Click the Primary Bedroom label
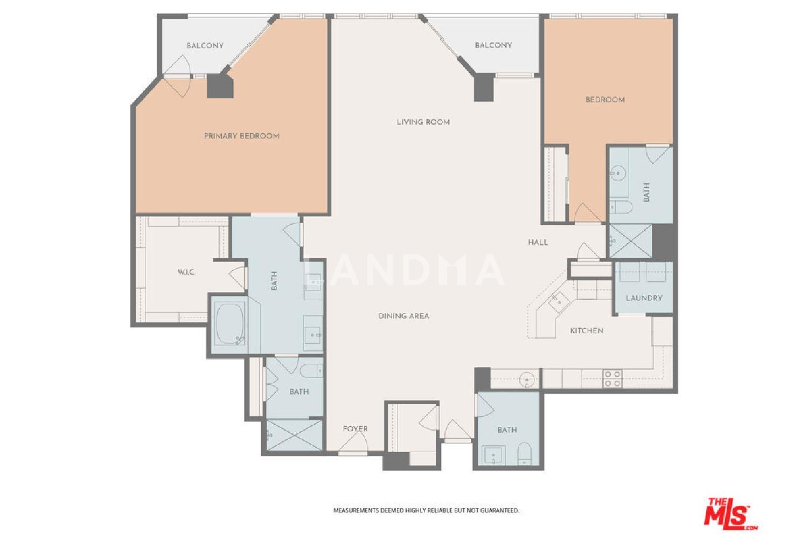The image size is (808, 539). [x=242, y=136]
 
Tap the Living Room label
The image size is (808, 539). [x=423, y=122]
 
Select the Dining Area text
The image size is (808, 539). [x=403, y=316]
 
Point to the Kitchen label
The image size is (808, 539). [x=587, y=331]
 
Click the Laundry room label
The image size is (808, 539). [x=644, y=298]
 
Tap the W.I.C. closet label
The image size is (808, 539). [x=187, y=272]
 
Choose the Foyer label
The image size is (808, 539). [x=356, y=429]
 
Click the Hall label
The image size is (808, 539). [x=538, y=242]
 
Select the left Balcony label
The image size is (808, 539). [x=205, y=45]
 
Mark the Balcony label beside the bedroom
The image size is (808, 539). [x=493, y=45]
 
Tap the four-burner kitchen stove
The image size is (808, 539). [x=612, y=379]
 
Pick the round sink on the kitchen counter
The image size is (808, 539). [x=527, y=380]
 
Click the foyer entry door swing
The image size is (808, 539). [x=354, y=441]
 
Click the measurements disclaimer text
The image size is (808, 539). [x=426, y=510]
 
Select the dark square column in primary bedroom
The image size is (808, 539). [x=220, y=86]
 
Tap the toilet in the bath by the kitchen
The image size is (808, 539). [x=525, y=454]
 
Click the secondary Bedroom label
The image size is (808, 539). [x=605, y=100]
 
